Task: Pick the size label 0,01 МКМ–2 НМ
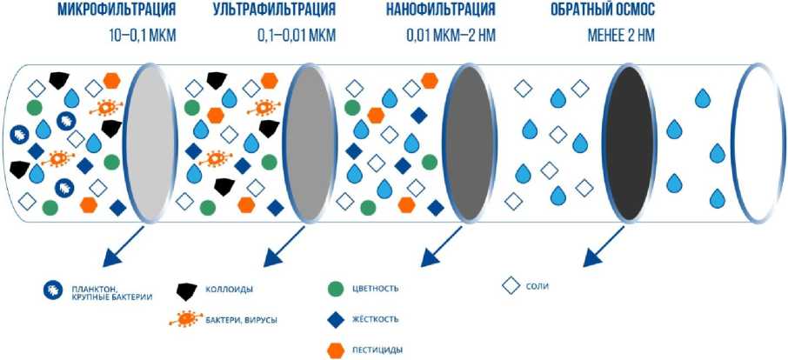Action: pyautogui.click(x=455, y=37)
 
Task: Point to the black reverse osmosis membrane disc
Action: pyautogui.click(x=628, y=144)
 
